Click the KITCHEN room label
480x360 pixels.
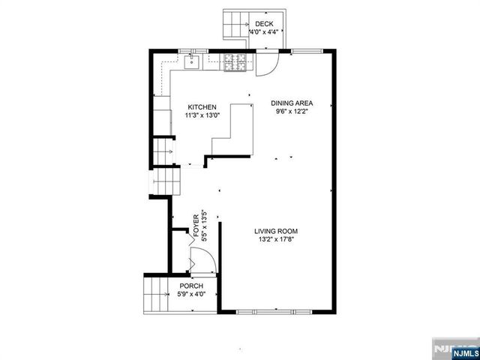[x=202, y=106]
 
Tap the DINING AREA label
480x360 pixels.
[x=292, y=103]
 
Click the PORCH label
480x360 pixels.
[x=191, y=286]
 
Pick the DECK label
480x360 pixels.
[x=264, y=24]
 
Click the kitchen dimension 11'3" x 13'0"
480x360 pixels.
[x=202, y=115]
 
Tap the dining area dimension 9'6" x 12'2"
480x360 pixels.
[x=292, y=112]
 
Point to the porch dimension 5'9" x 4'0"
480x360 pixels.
[x=191, y=294]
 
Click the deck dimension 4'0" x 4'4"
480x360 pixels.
[x=264, y=32]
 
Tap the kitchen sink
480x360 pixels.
[x=193, y=61]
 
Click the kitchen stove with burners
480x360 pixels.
[x=234, y=62]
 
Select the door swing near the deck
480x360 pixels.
[x=266, y=65]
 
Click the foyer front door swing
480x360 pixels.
[x=203, y=261]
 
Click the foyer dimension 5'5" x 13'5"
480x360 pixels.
[x=204, y=225]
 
